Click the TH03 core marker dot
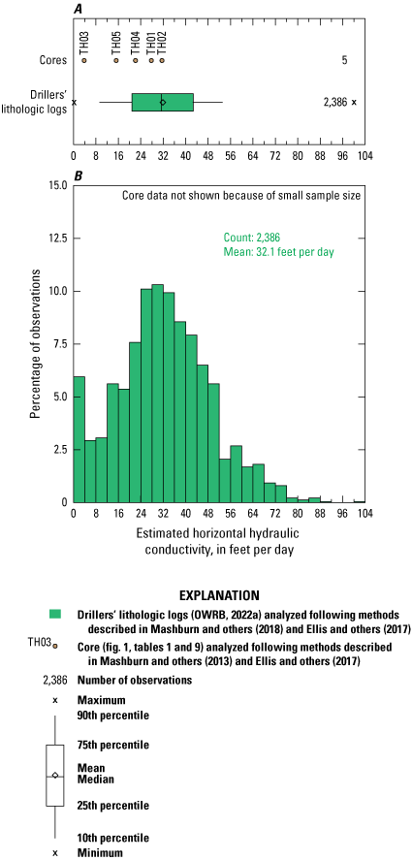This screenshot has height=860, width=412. [x=84, y=60]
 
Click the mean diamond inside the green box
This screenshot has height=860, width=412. [x=162, y=102]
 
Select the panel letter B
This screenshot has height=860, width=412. [x=78, y=175]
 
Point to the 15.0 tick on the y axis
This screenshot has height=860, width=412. [x=56, y=185]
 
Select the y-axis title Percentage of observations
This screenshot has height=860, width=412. [x=35, y=343]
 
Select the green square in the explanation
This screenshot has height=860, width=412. [x=55, y=614]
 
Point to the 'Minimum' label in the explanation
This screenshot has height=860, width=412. [x=100, y=852]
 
